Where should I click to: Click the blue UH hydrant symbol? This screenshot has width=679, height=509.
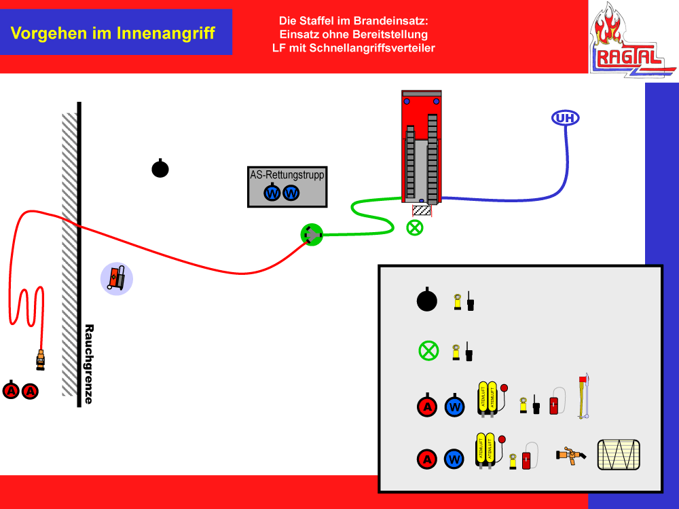[565, 118]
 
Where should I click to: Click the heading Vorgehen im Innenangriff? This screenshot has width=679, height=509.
[113, 33]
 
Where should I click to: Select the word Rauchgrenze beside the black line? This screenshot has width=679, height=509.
[88, 364]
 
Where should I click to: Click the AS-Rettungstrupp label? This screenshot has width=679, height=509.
[287, 175]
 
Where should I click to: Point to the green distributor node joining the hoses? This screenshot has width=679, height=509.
[312, 235]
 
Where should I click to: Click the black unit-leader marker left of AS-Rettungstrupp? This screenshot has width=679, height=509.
[160, 168]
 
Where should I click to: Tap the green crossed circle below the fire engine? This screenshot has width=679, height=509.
[414, 227]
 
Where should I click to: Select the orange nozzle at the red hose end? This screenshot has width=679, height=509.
[40, 359]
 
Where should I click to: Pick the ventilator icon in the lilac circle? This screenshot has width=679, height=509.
[117, 278]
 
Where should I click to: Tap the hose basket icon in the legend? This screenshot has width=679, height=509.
[619, 455]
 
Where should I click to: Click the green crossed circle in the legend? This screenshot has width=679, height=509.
[428, 351]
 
